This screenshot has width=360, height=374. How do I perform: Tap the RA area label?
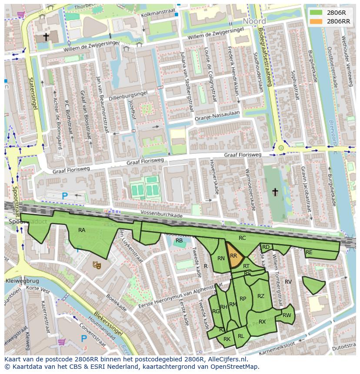pos(82,230)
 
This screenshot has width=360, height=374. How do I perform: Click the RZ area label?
pos(261,296)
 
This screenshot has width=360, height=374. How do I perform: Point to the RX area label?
pos(262,322)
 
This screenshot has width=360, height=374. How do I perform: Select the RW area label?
pos(287,315)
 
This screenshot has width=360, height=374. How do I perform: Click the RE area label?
pos(309,252)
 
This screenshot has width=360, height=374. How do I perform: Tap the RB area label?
pos(179,240)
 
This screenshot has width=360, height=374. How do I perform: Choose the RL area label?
pos(241,336)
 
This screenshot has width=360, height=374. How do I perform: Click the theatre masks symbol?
pos(97,264)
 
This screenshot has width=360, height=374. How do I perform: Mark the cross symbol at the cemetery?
pos(275,191)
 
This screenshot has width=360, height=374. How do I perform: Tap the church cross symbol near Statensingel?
pos(46,37)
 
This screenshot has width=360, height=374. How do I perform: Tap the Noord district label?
pos(254,21)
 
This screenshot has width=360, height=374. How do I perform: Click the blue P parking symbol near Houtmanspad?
pos(84,338)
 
